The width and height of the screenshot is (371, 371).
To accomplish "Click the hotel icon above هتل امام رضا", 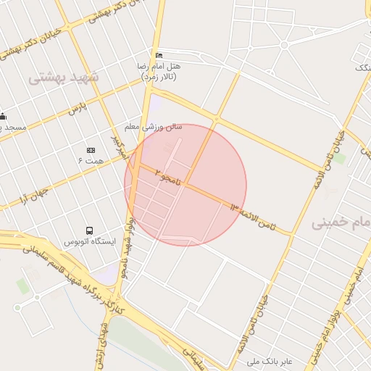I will (x=159, y=56).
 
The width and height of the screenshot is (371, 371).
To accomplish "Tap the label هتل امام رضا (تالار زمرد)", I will (x=159, y=70).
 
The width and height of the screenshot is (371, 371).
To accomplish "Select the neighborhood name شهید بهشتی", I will (x=64, y=76).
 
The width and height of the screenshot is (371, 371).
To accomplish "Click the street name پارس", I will (x=77, y=109).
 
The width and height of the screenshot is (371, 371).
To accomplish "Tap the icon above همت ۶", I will (x=91, y=149).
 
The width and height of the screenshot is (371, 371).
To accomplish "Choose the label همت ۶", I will (x=91, y=159).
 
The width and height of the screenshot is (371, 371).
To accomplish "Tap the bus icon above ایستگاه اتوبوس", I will (x=89, y=230).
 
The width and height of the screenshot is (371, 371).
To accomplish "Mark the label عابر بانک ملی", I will (x=269, y=360).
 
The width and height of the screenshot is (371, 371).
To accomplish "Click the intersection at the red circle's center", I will (x=185, y=185).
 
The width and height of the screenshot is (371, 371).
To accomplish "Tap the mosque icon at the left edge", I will (x=3, y=117).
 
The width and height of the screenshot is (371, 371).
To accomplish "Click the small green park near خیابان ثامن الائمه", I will (x=339, y=157).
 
